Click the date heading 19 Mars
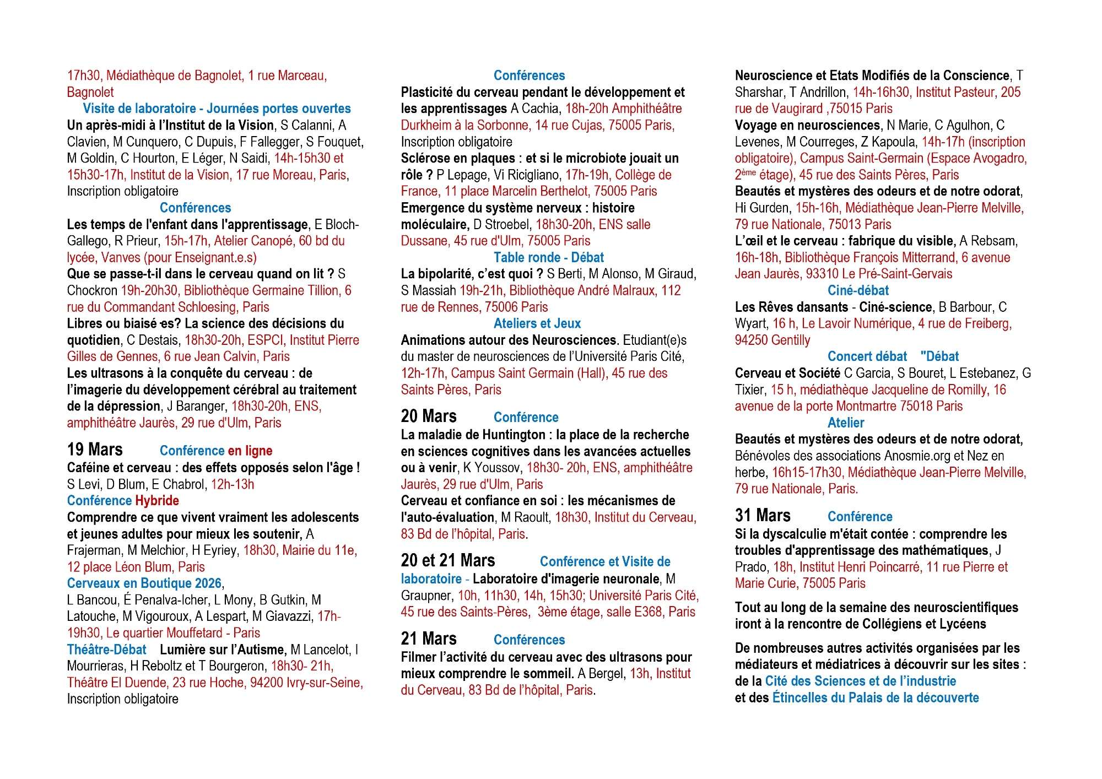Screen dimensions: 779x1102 95,450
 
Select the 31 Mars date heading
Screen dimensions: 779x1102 763,516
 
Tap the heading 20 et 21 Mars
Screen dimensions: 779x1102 448,561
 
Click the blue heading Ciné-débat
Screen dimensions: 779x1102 858,291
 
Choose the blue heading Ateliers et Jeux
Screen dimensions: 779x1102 537,324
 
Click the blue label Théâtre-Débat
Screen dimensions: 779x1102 107,650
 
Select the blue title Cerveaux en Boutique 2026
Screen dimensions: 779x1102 144,583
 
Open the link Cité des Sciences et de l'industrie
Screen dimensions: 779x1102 861,681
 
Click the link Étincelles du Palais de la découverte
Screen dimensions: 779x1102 876,697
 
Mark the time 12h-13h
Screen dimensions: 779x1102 233,484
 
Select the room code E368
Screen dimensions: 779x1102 646,612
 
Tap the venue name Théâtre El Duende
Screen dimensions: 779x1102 117,683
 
